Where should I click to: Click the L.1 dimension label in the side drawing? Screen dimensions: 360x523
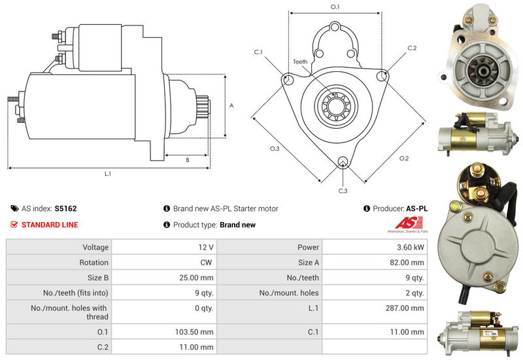tap(107, 174)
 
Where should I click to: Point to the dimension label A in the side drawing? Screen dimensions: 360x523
tap(231, 105)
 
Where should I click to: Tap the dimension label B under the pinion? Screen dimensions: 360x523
tap(188, 159)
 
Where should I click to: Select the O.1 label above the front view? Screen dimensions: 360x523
tap(335, 7)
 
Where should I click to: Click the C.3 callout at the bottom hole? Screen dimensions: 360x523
tap(343, 191)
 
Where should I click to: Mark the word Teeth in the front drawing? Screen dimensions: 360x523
tap(300, 62)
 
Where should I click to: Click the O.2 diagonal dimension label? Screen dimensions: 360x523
tap(403, 158)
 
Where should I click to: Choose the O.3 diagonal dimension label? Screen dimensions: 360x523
tap(275, 149)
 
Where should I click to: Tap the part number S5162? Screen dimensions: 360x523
tap(65, 208)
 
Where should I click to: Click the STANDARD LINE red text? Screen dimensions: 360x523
tap(50, 225)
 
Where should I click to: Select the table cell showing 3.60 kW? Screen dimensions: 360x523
tap(410, 248)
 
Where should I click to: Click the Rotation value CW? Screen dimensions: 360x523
tap(207, 263)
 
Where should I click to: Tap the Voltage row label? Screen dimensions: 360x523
tap(95, 248)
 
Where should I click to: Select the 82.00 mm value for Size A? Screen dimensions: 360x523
tap(409, 263)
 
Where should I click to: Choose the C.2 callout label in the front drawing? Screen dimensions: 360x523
tap(412, 48)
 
